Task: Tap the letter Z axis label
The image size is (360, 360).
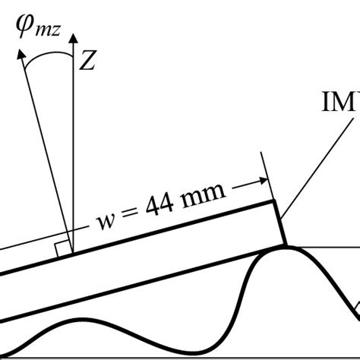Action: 87,63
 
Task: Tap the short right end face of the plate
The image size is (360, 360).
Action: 280,223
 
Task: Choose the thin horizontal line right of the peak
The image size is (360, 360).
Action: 327,247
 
